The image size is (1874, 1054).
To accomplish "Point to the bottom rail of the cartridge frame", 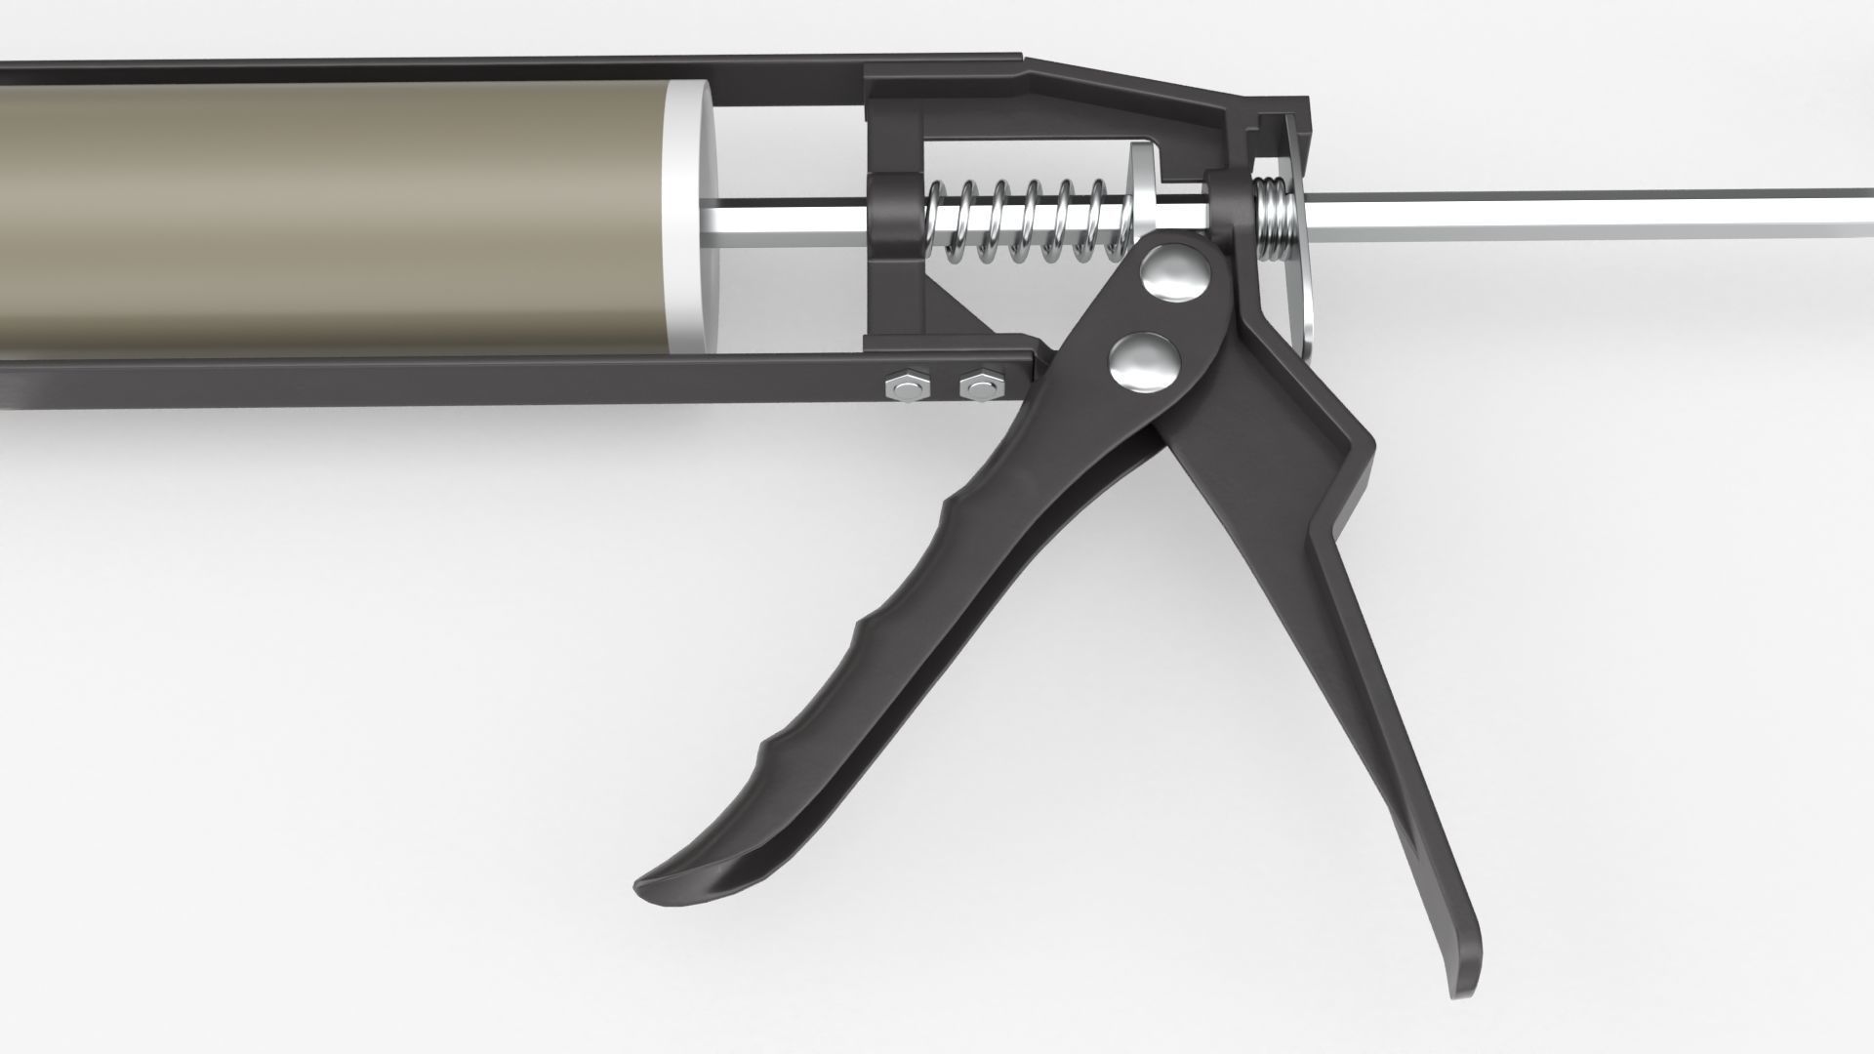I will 488,381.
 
